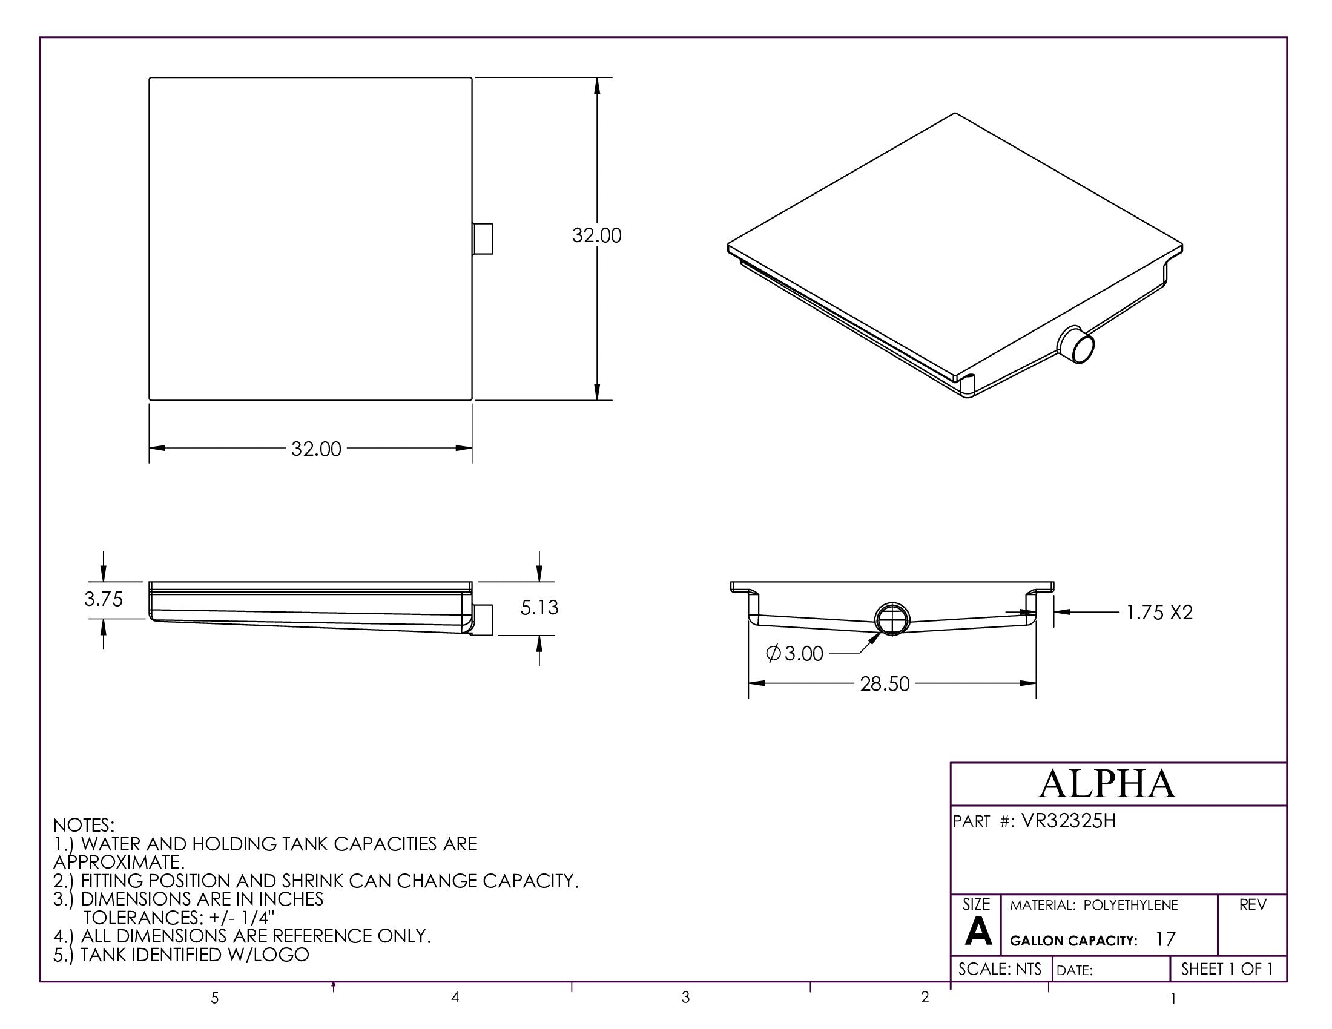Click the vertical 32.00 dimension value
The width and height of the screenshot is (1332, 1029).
596,235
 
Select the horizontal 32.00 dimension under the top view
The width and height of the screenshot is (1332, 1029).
316,449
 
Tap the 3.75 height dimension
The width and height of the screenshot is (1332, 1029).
104,599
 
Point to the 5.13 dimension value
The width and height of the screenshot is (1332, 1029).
539,608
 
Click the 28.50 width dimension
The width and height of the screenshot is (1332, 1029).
885,684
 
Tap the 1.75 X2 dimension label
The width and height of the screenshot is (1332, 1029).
1159,613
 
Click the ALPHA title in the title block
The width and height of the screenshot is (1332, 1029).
1107,784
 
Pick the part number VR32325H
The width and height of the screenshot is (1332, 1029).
1069,822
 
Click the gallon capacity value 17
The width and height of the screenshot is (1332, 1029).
1165,939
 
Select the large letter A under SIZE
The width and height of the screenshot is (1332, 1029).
978,933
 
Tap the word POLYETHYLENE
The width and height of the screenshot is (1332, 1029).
1131,906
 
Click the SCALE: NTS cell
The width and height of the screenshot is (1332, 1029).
1000,969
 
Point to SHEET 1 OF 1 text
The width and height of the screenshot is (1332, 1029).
1227,969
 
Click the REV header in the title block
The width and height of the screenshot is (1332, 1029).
1253,906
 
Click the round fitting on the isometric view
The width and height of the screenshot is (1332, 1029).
1078,346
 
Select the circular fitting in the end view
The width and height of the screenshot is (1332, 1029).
892,619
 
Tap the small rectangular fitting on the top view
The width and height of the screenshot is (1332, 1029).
483,239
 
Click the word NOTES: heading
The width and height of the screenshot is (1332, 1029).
84,826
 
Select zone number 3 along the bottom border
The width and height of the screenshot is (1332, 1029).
685,998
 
